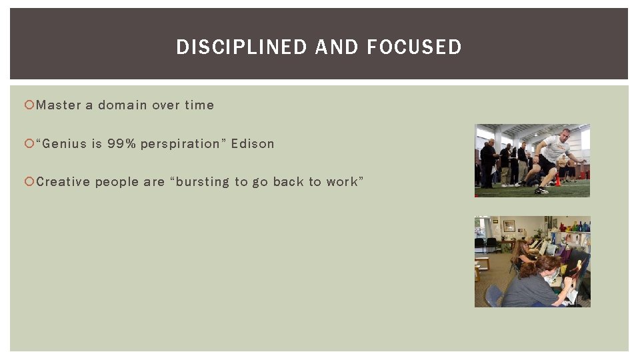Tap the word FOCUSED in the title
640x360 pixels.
[x=414, y=47]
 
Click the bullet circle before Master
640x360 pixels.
[x=29, y=105]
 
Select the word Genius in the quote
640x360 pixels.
[x=63, y=144]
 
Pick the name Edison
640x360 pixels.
[x=253, y=144]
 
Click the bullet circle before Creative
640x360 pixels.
[x=29, y=182]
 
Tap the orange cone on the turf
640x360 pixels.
[x=557, y=181]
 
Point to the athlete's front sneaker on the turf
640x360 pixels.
[x=541, y=191]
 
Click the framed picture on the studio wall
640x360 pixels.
[x=509, y=226]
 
